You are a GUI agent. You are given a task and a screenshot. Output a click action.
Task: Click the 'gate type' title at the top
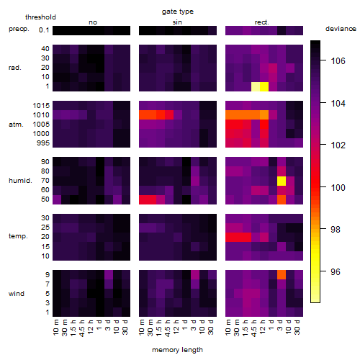point(178,12)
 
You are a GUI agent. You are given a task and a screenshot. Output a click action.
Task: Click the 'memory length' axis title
point(178,350)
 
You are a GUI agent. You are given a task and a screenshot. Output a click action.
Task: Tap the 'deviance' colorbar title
point(341,29)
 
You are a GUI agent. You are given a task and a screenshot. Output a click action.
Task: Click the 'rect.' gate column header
point(262,22)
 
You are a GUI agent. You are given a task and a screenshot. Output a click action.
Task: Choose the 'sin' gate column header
point(177,22)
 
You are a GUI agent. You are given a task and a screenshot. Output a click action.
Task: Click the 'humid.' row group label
point(20,181)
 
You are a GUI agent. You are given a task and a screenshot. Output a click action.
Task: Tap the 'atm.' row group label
point(16,125)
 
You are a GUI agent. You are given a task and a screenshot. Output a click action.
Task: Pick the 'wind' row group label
point(17,294)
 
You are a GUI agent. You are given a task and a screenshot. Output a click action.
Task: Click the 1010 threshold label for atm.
point(41,115)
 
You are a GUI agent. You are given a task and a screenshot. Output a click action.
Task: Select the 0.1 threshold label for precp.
point(44,30)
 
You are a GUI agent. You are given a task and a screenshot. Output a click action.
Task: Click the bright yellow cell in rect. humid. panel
point(282,181)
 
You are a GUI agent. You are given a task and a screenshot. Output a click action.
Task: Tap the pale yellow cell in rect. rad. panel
point(256,86)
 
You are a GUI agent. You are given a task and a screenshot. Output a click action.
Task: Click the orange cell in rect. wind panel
point(282,275)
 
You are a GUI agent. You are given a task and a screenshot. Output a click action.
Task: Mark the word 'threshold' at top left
point(40,17)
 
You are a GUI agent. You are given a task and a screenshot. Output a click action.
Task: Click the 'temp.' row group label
point(18,236)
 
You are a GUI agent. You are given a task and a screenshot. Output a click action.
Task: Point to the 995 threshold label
point(43,143)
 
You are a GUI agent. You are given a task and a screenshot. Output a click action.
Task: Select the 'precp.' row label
point(19,30)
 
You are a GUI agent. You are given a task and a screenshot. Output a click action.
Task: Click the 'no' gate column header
point(93,22)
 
